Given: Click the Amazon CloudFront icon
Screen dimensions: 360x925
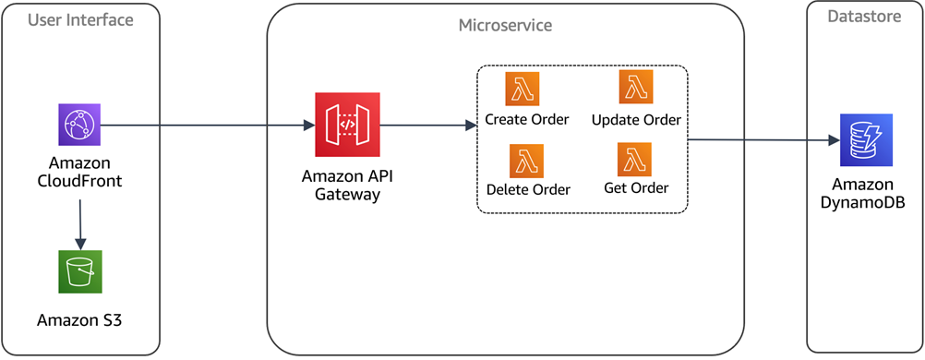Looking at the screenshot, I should pyautogui.click(x=80, y=125).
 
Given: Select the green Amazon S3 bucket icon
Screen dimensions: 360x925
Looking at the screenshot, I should pyautogui.click(x=80, y=271).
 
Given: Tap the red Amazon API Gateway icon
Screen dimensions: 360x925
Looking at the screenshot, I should pyautogui.click(x=347, y=125).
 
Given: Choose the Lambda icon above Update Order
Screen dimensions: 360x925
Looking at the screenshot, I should pyautogui.click(x=635, y=88).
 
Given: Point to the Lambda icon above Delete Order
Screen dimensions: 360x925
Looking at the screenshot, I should pyautogui.click(x=526, y=161).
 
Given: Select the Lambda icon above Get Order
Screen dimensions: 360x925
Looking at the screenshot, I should pyautogui.click(x=635, y=160).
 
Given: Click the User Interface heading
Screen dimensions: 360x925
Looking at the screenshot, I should pyautogui.click(x=80, y=19).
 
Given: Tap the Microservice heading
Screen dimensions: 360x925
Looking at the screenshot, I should pyautogui.click(x=505, y=25).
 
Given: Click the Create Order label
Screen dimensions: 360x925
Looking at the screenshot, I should pyautogui.click(x=527, y=119).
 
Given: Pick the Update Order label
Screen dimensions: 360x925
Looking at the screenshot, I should pyautogui.click(x=636, y=119).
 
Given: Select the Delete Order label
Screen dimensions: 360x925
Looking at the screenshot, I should pyautogui.click(x=528, y=189).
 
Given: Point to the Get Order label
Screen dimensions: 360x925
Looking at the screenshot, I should pyautogui.click(x=636, y=188).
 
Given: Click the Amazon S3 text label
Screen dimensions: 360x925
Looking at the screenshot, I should pyautogui.click(x=79, y=320).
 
